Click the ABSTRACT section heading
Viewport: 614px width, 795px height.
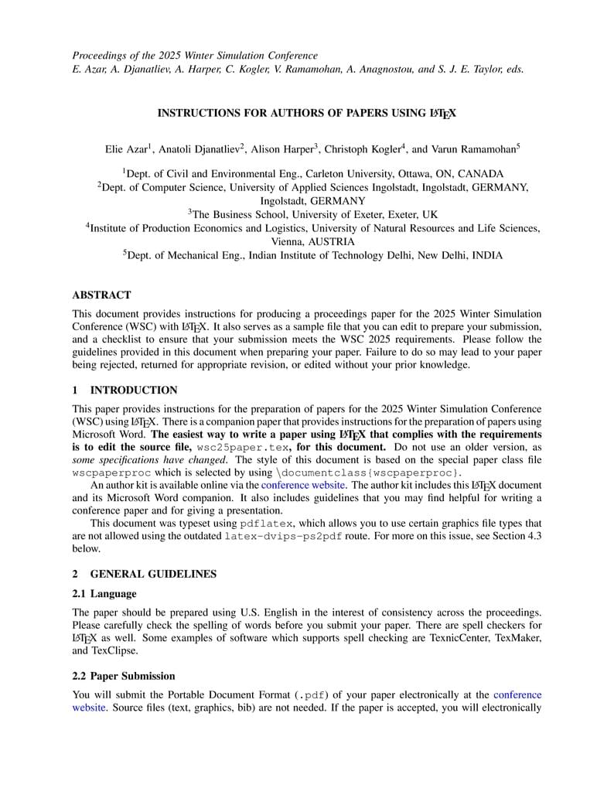pyautogui.click(x=101, y=295)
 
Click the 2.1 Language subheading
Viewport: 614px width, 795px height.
pyautogui.click(x=104, y=593)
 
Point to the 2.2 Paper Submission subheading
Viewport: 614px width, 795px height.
pyautogui.click(x=123, y=676)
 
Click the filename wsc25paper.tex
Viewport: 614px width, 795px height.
pyautogui.click(x=238, y=448)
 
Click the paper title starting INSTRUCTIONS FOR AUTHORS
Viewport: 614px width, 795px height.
pyautogui.click(x=306, y=113)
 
